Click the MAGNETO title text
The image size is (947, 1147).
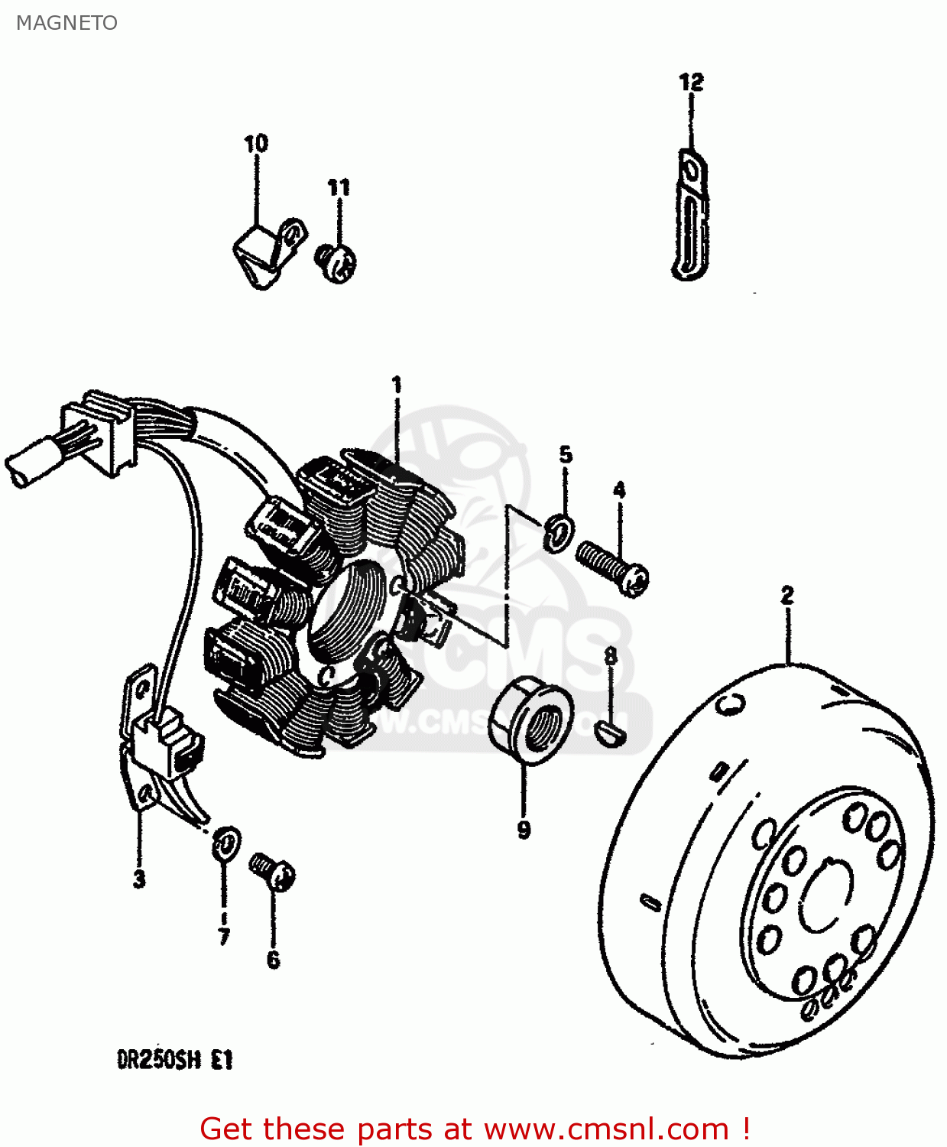[66, 23]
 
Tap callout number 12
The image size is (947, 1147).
[691, 83]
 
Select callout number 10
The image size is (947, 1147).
[256, 144]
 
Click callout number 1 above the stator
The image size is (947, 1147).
[397, 384]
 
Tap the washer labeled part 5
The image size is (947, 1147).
[560, 532]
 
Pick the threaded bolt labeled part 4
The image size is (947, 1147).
[612, 566]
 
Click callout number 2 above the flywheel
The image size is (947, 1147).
[787, 595]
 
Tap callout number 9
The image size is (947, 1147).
[524, 830]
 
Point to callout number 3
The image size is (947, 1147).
[139, 879]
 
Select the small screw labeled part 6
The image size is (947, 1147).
[274, 872]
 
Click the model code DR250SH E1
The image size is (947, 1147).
[175, 1060]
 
